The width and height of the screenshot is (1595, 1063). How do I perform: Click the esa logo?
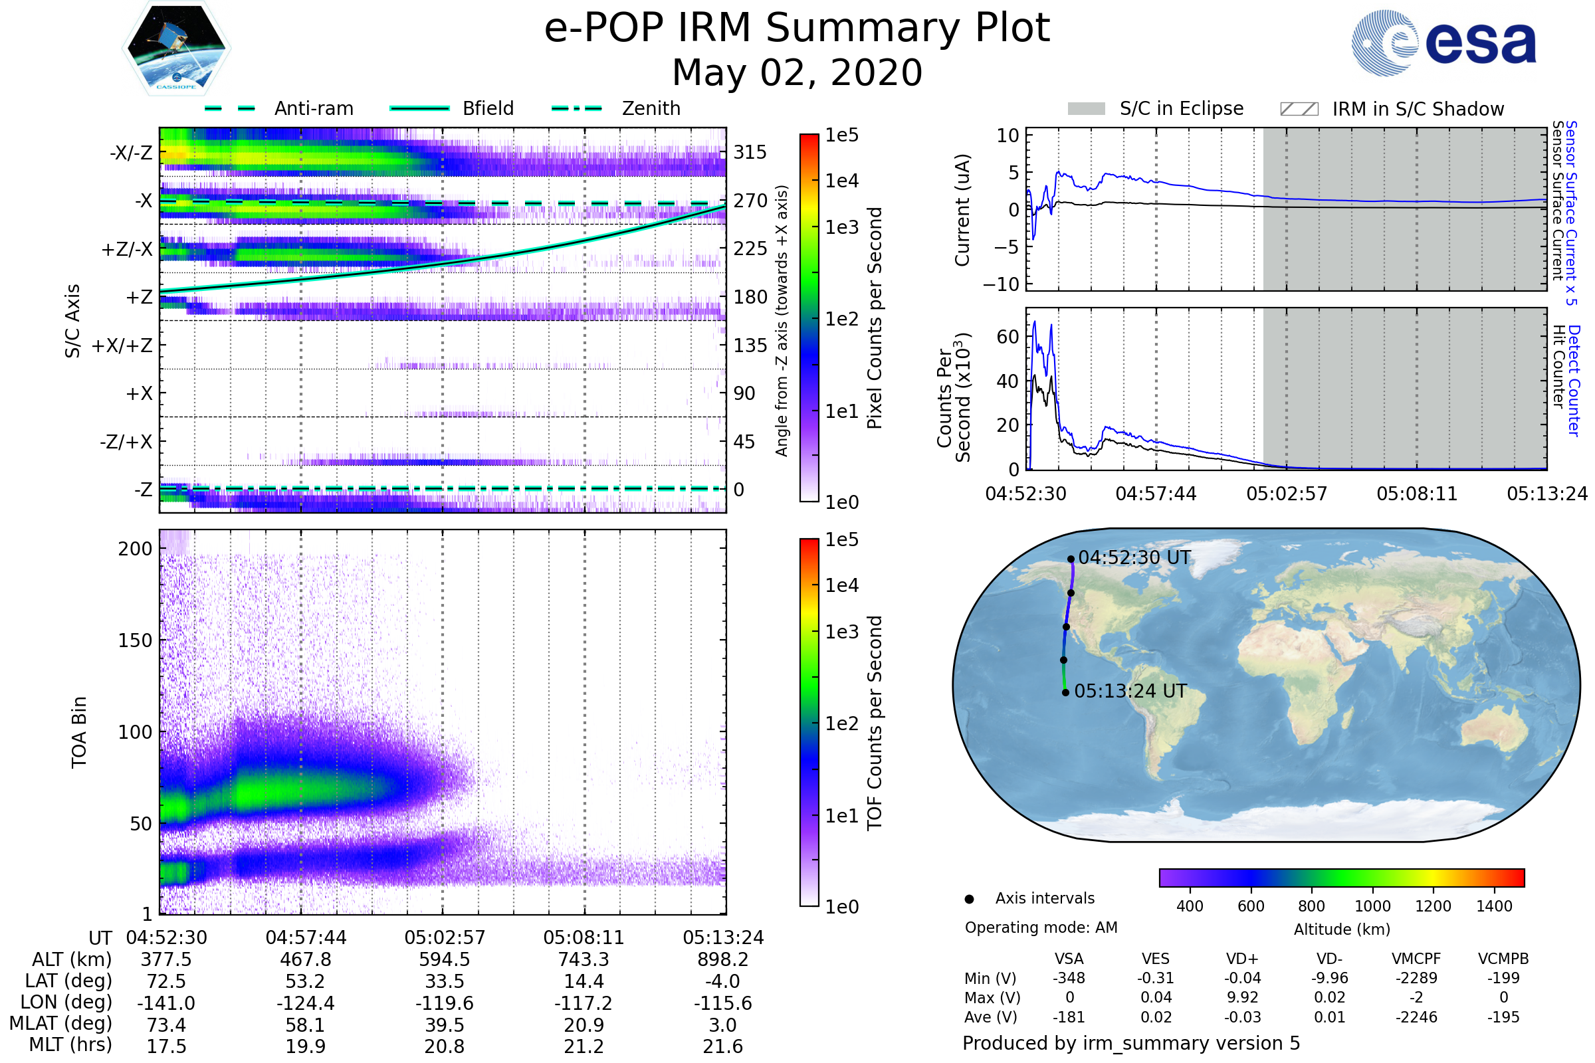(x=1444, y=43)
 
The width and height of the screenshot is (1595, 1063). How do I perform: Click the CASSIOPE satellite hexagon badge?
(x=176, y=48)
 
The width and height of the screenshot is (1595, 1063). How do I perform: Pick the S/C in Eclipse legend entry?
(x=1156, y=108)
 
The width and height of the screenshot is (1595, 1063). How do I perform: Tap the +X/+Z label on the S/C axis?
(x=122, y=345)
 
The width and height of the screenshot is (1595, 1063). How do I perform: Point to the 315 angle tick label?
(x=750, y=152)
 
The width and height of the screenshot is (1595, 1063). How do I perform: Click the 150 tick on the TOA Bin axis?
(x=135, y=640)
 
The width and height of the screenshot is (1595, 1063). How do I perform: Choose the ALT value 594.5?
(x=444, y=960)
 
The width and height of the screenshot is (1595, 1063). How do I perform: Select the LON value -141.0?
(x=166, y=1003)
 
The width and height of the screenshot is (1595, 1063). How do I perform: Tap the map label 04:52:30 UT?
(x=1134, y=558)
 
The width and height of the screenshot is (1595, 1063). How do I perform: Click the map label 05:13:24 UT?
(x=1130, y=692)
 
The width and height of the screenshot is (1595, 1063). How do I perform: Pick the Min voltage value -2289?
(x=1416, y=978)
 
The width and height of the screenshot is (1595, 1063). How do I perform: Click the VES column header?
(x=1156, y=959)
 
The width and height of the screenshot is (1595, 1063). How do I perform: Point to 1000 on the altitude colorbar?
(x=1372, y=906)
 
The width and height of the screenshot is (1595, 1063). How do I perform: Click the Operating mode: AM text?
(x=1041, y=927)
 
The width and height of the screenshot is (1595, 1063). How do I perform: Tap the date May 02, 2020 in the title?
(x=797, y=72)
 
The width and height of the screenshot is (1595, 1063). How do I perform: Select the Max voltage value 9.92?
(x=1242, y=997)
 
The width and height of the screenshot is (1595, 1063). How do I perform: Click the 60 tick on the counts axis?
(x=1008, y=337)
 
